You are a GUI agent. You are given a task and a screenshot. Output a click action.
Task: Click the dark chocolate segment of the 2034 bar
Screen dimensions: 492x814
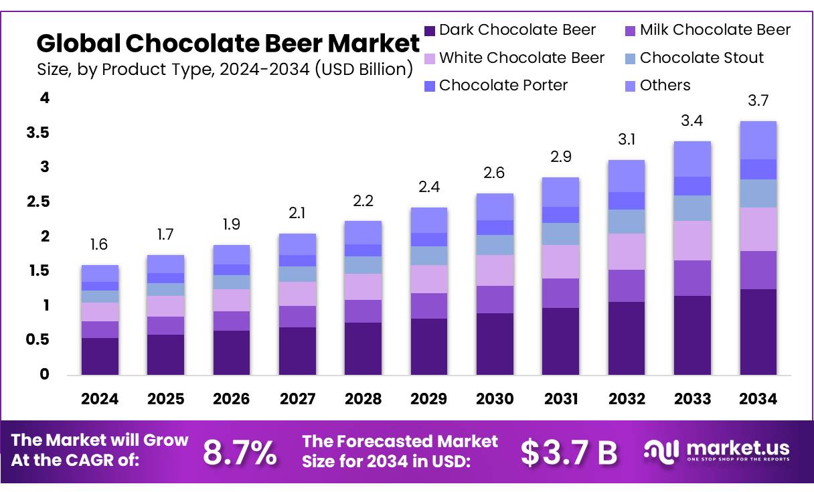point(758,331)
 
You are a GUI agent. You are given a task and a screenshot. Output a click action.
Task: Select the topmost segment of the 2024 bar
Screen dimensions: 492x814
point(100,273)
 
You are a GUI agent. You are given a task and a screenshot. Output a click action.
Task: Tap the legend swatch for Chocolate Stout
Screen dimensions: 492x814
point(630,58)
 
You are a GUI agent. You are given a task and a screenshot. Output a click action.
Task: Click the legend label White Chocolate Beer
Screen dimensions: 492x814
point(521,58)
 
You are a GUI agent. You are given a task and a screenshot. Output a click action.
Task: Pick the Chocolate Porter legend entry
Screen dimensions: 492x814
point(503,86)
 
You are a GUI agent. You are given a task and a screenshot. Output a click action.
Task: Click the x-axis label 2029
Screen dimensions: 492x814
point(428,399)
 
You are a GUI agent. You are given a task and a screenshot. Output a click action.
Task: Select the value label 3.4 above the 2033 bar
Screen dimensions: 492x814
point(692,121)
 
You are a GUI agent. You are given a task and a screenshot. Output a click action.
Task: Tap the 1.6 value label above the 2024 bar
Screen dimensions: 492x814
point(100,245)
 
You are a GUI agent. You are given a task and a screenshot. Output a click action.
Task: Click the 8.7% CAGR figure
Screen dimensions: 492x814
point(240,453)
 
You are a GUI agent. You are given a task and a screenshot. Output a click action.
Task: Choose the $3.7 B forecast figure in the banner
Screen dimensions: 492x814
point(569,453)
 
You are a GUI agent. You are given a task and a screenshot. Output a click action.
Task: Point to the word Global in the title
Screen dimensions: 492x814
point(78,44)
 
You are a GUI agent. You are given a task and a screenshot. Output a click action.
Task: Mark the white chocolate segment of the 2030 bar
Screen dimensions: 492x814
point(494,270)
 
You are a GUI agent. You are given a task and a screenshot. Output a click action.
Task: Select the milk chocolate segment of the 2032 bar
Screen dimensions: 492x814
point(626,286)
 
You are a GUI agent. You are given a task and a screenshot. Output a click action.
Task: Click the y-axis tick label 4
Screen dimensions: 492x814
point(45,98)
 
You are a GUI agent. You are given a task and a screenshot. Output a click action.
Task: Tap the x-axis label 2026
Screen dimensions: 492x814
point(231,399)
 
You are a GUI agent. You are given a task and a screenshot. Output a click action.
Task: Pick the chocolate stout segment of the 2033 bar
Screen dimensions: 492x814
point(692,208)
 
